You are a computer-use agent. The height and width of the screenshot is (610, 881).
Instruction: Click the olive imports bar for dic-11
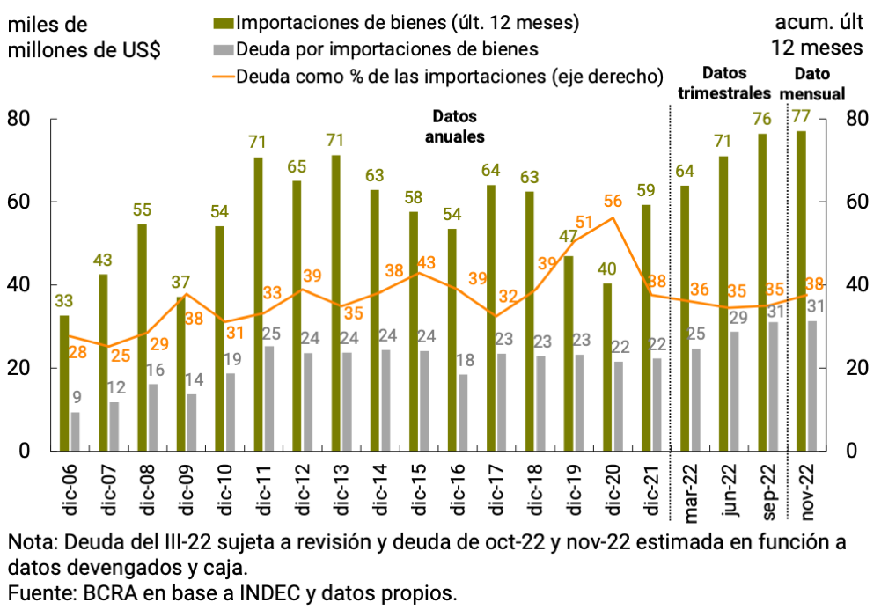pyautogui.click(x=259, y=304)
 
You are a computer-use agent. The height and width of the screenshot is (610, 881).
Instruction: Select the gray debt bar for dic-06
pyautogui.click(x=75, y=431)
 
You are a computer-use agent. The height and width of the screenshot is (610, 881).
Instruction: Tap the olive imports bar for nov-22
pyautogui.click(x=801, y=290)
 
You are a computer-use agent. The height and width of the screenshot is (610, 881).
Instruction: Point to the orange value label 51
pyautogui.click(x=583, y=222)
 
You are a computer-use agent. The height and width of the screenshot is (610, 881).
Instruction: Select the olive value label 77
pyautogui.click(x=801, y=116)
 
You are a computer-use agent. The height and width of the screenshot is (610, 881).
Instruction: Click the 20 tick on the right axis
pyautogui.click(x=858, y=368)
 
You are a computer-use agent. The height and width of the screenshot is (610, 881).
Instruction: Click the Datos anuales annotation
pyautogui.click(x=459, y=127)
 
